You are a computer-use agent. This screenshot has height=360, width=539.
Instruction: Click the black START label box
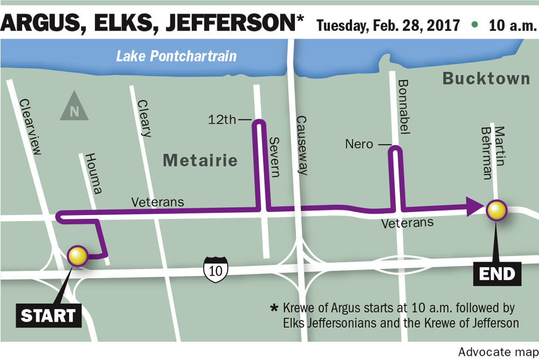(48, 315)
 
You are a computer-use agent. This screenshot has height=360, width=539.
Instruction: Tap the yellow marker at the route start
(78, 256)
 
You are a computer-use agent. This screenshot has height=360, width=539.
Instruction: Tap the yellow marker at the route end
(496, 210)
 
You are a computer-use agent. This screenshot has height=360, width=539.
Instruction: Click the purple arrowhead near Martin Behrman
(474, 206)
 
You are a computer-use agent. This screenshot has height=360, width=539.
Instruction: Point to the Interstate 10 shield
(216, 268)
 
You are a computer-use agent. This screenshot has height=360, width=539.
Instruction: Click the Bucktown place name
(486, 79)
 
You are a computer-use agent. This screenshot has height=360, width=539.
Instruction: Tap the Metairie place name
(200, 160)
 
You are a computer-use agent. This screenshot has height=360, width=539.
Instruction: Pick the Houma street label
(93, 174)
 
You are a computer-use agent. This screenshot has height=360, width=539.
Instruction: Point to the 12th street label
(222, 120)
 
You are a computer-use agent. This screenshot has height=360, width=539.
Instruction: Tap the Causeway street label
(302, 146)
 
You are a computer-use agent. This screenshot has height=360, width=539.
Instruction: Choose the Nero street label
(359, 144)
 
